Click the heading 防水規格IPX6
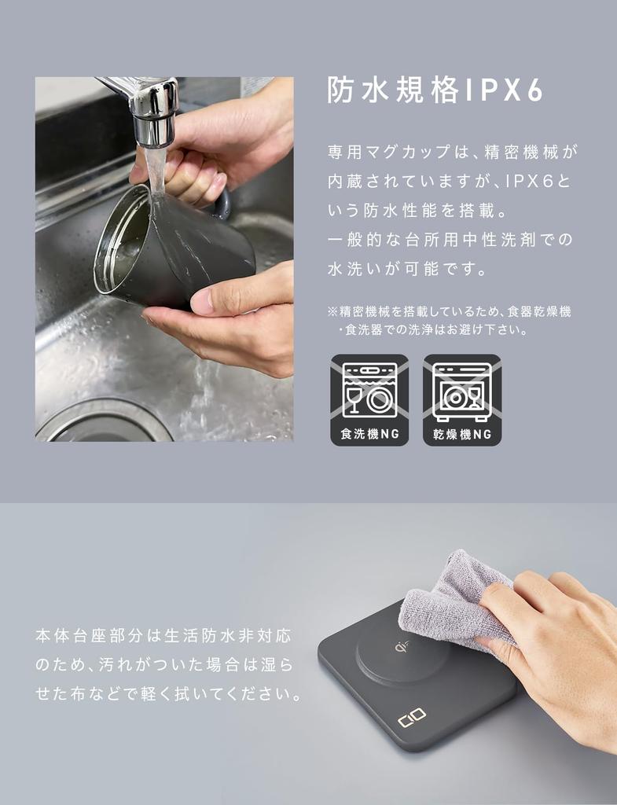(x=435, y=91)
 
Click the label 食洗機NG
(x=369, y=434)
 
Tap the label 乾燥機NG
(x=461, y=434)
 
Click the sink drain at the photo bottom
(x=102, y=425)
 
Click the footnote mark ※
(x=332, y=312)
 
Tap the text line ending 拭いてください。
(x=168, y=695)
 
